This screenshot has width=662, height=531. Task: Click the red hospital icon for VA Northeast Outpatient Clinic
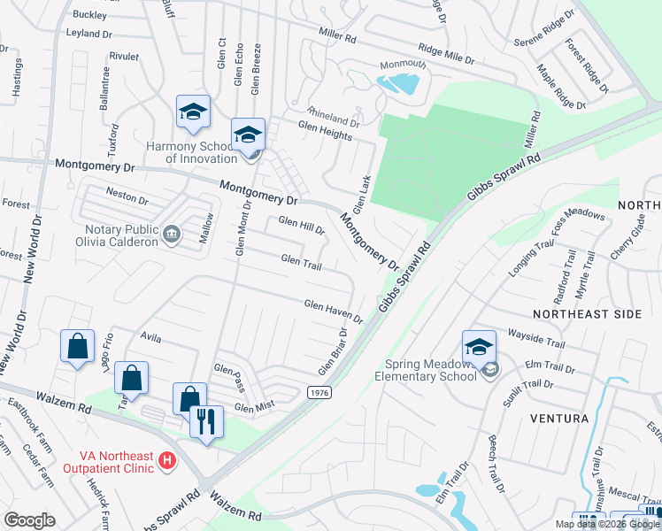click(164, 461)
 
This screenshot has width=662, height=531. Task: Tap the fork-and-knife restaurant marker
click(207, 420)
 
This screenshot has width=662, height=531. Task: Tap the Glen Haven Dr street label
click(334, 310)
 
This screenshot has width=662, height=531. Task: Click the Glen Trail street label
click(301, 260)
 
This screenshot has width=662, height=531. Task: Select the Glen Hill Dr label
click(302, 227)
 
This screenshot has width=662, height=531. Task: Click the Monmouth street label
click(403, 65)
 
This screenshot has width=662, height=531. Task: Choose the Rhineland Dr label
click(333, 117)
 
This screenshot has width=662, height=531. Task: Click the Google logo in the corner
click(30, 520)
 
